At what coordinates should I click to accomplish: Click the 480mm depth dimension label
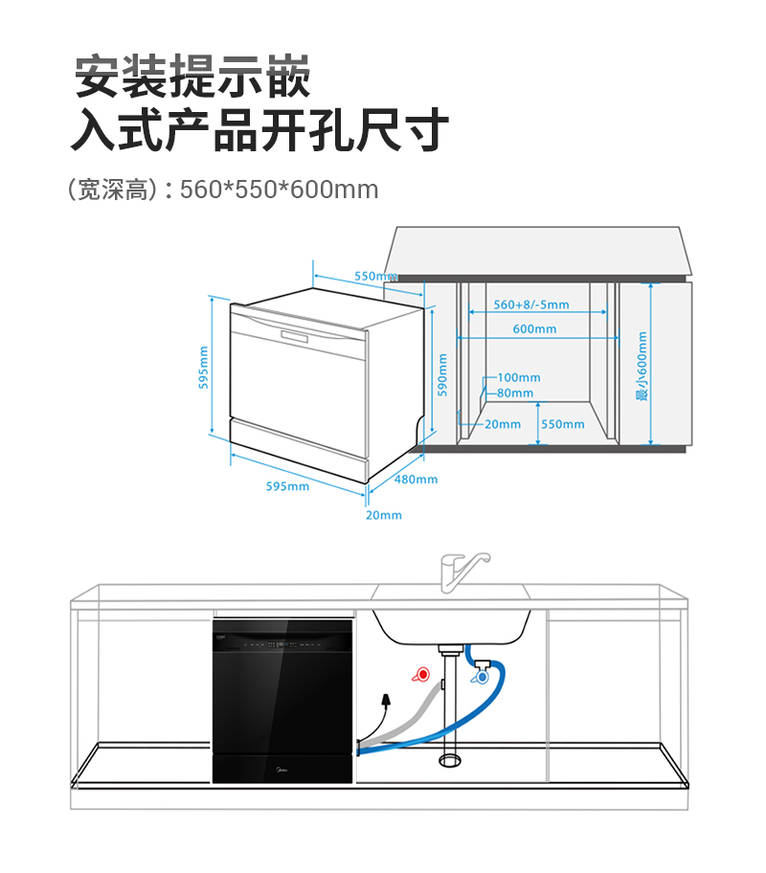pyautogui.click(x=416, y=480)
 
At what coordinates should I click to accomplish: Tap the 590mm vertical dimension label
pyautogui.click(x=442, y=374)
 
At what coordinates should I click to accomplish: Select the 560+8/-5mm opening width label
pyautogui.click(x=531, y=304)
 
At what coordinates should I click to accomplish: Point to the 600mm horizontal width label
pyautogui.click(x=535, y=329)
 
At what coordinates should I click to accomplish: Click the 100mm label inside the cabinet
pyautogui.click(x=519, y=377)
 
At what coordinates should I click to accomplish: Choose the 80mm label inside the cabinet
pyautogui.click(x=515, y=393)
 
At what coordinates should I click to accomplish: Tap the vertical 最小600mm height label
pyautogui.click(x=642, y=366)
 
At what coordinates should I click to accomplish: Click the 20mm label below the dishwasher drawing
pyautogui.click(x=384, y=515)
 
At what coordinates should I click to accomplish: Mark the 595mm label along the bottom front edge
pyautogui.click(x=287, y=486)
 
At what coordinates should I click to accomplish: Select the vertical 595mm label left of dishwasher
pyautogui.click(x=203, y=368)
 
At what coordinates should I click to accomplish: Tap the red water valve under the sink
pyautogui.click(x=421, y=674)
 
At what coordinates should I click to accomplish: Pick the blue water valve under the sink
pyautogui.click(x=481, y=677)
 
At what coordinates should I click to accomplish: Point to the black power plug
pyautogui.click(x=385, y=699)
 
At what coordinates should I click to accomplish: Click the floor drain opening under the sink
pyautogui.click(x=450, y=760)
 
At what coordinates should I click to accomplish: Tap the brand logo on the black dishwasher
pyautogui.click(x=282, y=772)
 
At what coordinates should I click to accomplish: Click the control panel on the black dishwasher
pyautogui.click(x=282, y=644)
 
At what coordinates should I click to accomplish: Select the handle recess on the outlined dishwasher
pyautogui.click(x=295, y=336)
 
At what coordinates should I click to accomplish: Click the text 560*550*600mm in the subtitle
pyautogui.click(x=279, y=190)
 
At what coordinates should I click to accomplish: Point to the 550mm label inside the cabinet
pyautogui.click(x=563, y=424)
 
